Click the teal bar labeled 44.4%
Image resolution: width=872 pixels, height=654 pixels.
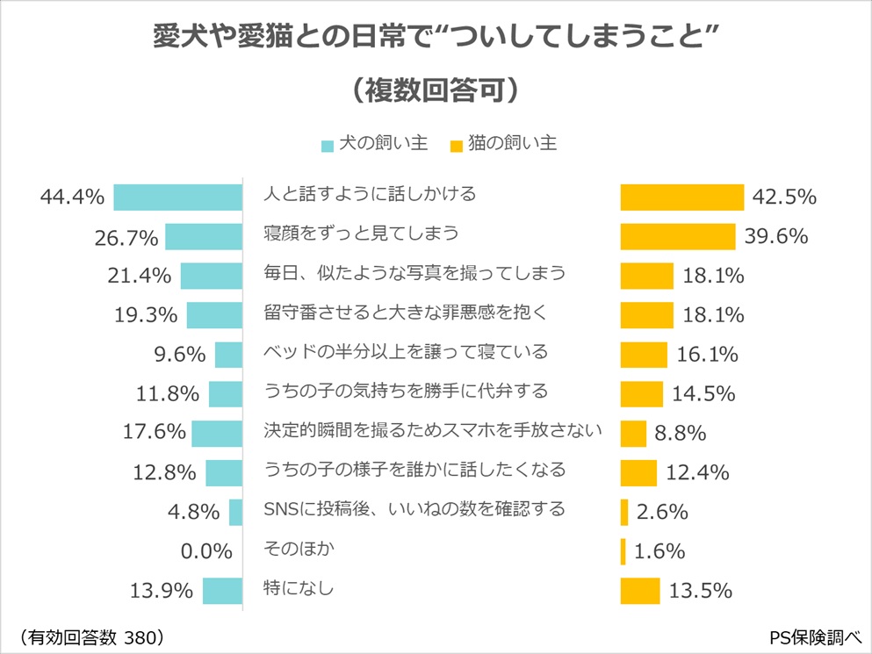tap(177, 197)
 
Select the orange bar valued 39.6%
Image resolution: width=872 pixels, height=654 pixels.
tap(677, 237)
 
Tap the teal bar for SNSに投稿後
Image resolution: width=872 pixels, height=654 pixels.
tap(235, 512)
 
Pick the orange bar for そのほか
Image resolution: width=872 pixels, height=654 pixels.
tap(623, 551)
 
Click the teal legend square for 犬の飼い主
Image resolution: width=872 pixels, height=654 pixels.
tap(328, 146)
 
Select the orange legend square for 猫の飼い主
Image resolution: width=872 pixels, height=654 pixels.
tap(456, 146)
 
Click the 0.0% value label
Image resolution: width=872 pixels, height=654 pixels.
tap(204, 551)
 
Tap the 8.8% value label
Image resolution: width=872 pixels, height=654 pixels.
tap(681, 433)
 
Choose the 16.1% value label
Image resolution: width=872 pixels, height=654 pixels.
tap(707, 355)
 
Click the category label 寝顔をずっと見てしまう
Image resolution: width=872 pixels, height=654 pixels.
tap(362, 234)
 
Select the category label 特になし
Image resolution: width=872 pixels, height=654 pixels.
tap(299, 588)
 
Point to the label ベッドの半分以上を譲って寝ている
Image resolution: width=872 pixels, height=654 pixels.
tap(406, 351)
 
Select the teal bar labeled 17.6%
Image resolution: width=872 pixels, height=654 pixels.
tap(217, 434)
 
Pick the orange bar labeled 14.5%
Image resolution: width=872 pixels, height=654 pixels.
tap(641, 394)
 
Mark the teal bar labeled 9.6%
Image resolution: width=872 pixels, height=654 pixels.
tap(228, 355)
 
